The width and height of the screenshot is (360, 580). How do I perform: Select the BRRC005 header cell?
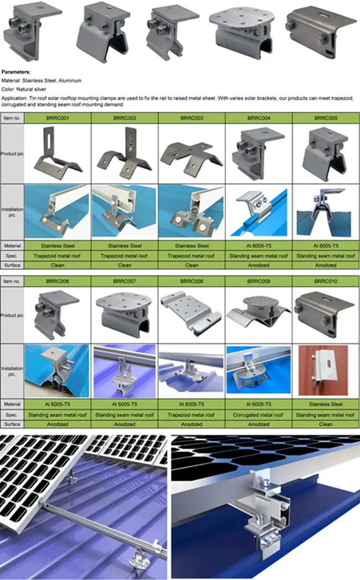[x=326, y=118]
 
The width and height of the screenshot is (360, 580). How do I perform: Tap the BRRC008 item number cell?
[x=192, y=281]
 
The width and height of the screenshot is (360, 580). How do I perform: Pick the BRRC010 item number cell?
[x=326, y=281]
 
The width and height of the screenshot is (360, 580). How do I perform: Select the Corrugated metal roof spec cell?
[x=259, y=415]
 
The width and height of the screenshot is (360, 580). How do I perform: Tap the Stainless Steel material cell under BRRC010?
[x=326, y=405]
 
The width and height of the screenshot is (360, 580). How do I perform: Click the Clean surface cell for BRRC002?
[x=125, y=265]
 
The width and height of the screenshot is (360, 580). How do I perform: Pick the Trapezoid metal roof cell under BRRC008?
[x=192, y=415]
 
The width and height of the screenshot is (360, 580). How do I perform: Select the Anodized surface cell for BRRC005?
[x=326, y=265]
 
